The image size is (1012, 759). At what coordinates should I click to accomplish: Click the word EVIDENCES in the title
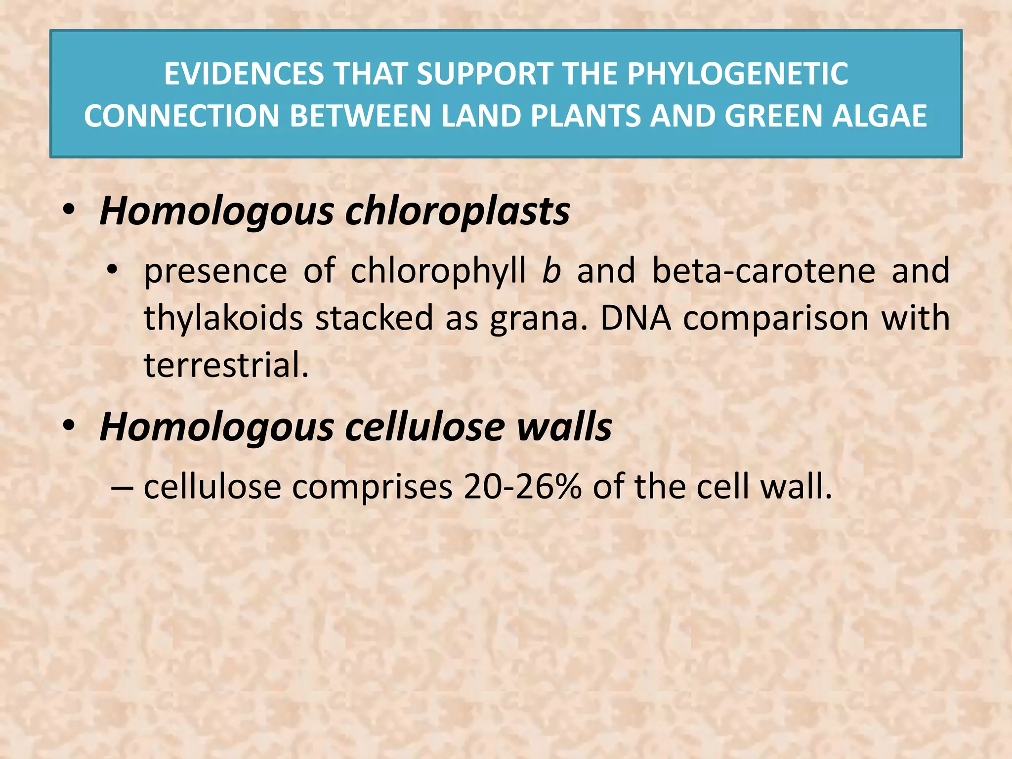pos(244,74)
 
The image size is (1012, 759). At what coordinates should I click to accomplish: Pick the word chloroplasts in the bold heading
pos(457,211)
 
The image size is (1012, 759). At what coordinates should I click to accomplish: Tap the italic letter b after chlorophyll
pos(551,271)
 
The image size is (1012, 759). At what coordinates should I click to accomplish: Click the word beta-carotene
pos(763,271)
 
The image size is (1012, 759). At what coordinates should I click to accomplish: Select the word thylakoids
pos(223,318)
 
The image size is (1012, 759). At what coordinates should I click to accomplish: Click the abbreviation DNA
pos(635,318)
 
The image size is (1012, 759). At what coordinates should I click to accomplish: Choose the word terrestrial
pos(226,365)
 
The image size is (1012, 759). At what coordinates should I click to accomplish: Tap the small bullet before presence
pos(113,270)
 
